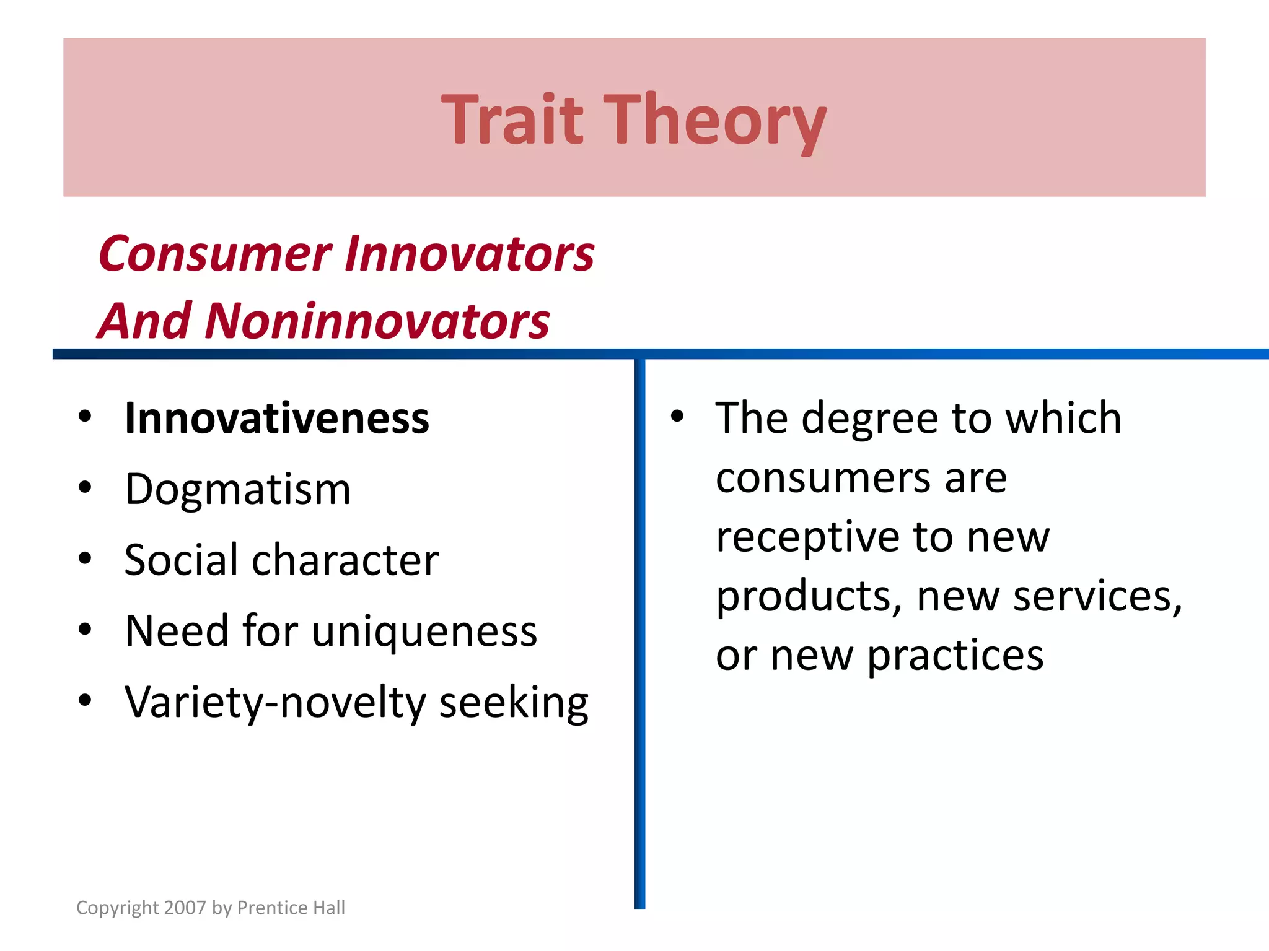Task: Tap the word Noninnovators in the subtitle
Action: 377,321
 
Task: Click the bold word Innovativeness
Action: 276,419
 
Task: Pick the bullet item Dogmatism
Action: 238,489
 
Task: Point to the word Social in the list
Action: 181,560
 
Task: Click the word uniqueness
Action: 424,632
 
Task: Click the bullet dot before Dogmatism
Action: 86,488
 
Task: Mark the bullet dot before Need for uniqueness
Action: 86,630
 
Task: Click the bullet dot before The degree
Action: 677,417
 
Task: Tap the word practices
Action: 955,656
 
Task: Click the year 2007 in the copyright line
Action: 185,908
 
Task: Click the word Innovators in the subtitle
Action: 469,254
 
